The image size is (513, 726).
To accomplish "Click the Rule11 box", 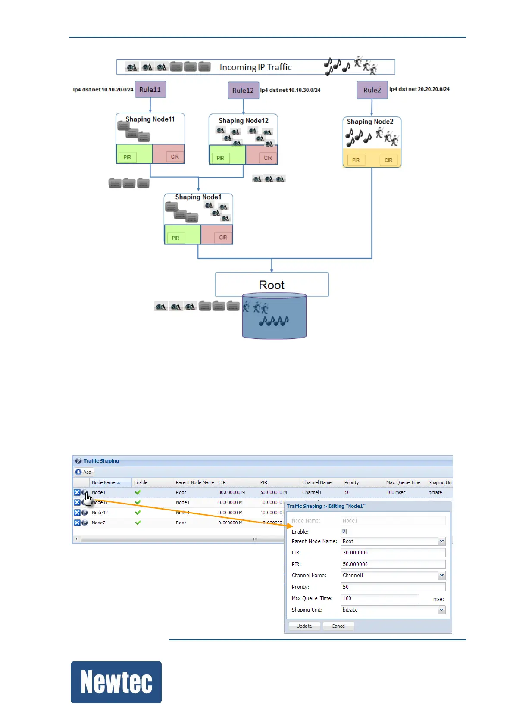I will coord(150,90).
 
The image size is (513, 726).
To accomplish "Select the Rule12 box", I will coord(243,91).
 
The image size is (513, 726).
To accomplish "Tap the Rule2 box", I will coord(372,90).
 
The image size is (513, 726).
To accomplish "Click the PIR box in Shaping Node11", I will coord(128,157).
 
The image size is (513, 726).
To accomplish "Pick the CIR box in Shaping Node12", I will coord(268,158).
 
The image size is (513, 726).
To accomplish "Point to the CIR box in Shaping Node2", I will coord(388,160).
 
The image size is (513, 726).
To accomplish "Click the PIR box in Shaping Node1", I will coord(175,238).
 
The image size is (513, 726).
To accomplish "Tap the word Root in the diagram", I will coord(272,285).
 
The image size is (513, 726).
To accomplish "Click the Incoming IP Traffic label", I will coord(255,67).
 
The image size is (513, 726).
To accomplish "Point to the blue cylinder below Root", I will coord(274,319).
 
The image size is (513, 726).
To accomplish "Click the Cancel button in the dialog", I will coord(338,626).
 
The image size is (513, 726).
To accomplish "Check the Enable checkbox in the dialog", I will coord(344,532).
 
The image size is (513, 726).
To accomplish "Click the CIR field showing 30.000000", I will coord(393,553).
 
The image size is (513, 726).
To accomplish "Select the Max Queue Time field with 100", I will coord(379,598).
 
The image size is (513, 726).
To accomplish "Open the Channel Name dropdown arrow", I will coord(441,576).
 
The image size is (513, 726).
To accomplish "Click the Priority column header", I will coord(352,482).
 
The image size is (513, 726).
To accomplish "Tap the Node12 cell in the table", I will coord(100,513).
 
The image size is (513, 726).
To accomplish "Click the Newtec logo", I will coord(116,682).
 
